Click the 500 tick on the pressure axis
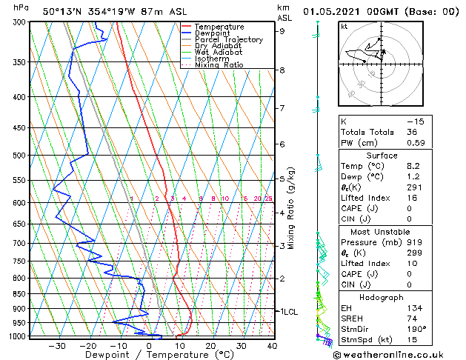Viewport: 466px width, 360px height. point(19,156)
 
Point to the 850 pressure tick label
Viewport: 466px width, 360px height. point(19,294)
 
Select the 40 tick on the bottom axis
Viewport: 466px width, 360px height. point(272,345)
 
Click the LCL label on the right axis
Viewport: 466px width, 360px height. point(289,312)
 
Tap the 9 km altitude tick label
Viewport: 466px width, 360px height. point(282,31)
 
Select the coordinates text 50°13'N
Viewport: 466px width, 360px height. point(64,11)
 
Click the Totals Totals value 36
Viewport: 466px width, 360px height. point(412,132)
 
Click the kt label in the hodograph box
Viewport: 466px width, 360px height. point(344,26)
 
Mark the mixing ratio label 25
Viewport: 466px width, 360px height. point(268,199)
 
